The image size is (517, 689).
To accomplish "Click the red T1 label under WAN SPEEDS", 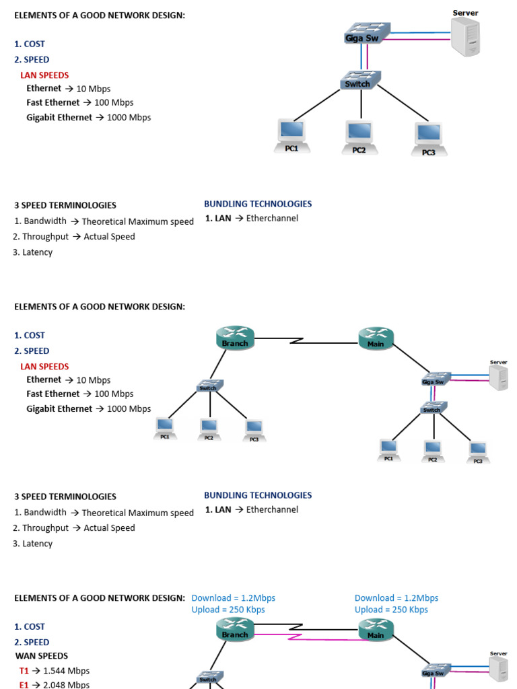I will pos(25,671).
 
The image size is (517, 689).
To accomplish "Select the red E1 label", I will pos(25,684).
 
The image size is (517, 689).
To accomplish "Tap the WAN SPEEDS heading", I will pos(42,656).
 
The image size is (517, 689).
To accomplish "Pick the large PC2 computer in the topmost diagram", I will pos(359,135).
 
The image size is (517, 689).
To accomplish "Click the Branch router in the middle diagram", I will pos(235,336).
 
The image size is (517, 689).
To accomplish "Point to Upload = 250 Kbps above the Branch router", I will pos(228,610).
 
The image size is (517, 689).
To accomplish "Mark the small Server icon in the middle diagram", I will pos(499,377).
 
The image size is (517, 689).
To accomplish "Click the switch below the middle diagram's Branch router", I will pos(209,386).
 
